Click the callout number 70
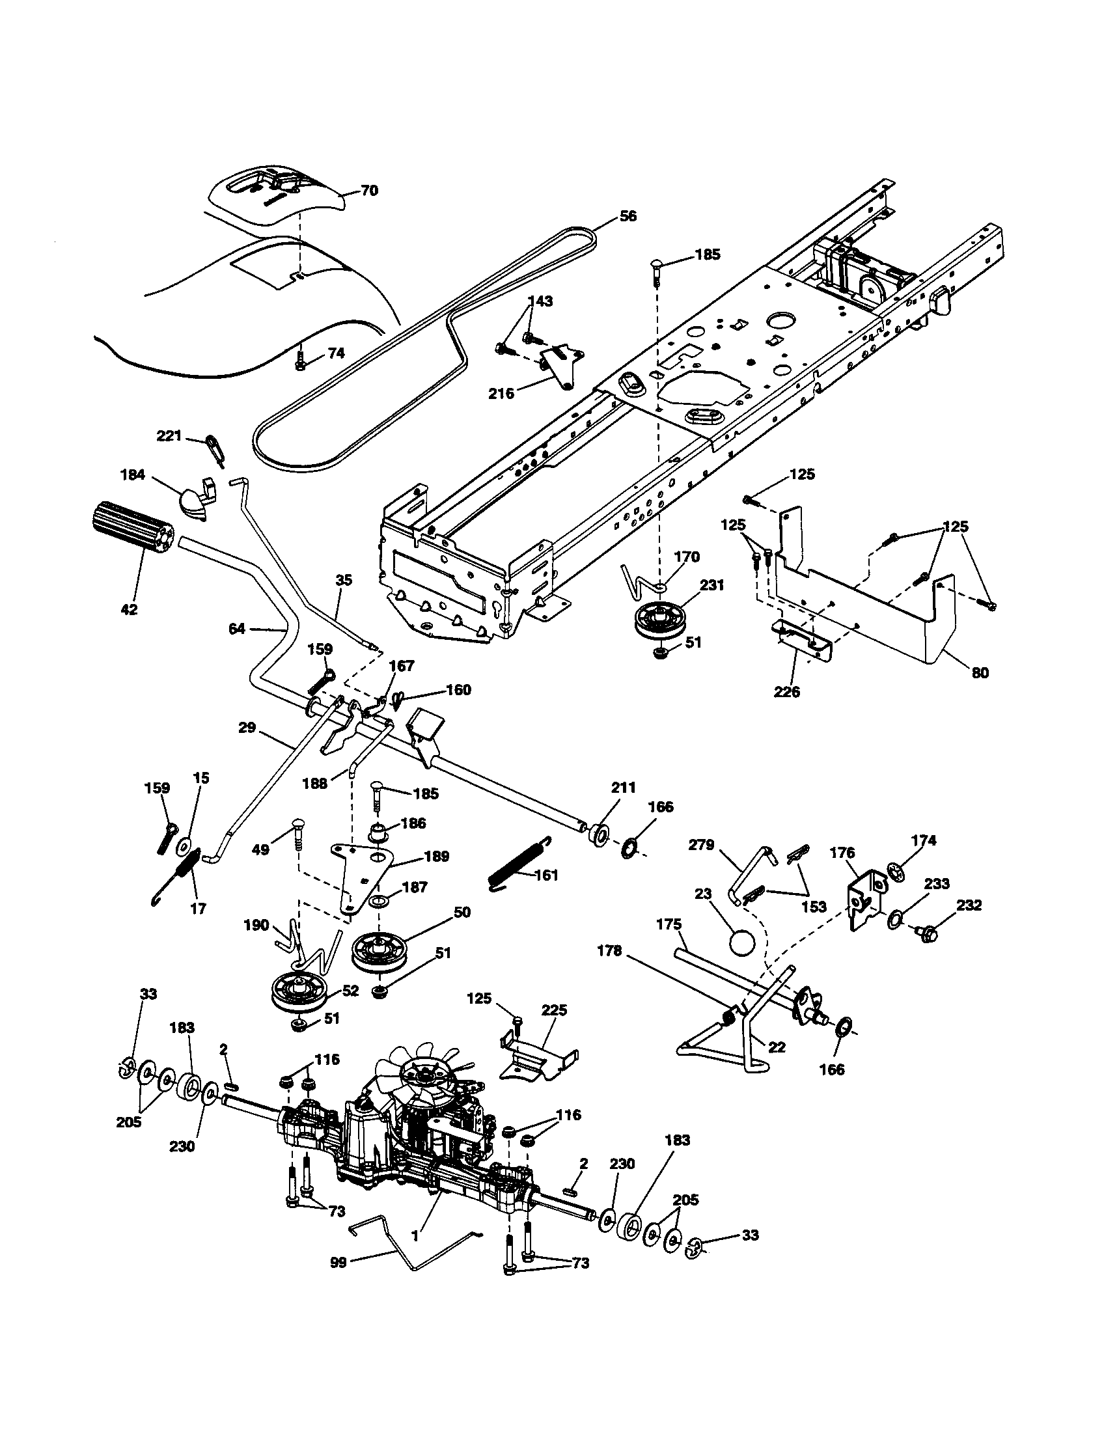[369, 191]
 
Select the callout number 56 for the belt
[628, 216]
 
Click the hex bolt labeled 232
[927, 931]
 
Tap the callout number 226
[787, 691]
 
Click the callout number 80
[980, 673]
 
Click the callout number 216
[501, 393]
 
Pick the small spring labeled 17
[186, 870]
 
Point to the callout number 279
[701, 845]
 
